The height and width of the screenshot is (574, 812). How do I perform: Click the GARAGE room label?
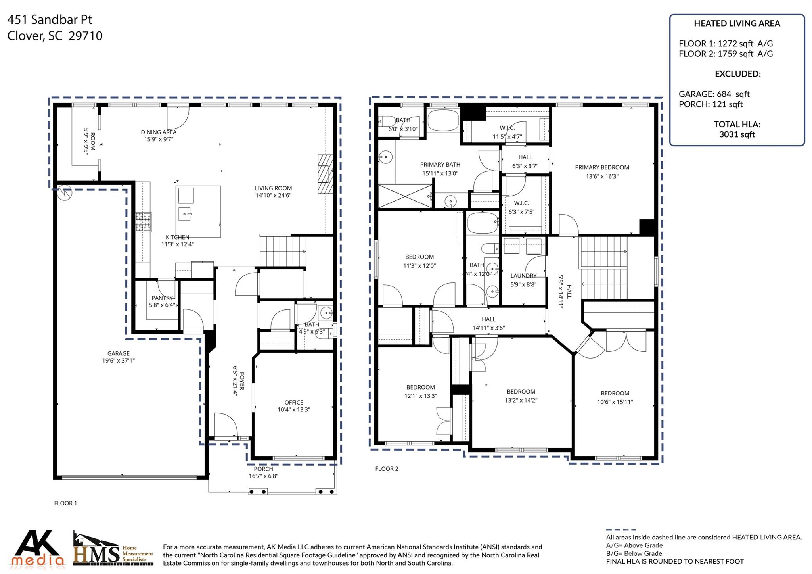[x=118, y=353]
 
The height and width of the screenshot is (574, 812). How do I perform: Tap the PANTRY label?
[x=162, y=298]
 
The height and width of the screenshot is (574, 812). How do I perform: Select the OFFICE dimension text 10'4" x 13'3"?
[x=293, y=409]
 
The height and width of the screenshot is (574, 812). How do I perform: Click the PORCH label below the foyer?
[x=263, y=469]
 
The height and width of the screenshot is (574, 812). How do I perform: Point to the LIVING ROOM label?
[x=273, y=188]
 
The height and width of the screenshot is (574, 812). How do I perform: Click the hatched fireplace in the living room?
[x=325, y=174]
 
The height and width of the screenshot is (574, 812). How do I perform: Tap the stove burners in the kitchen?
[x=144, y=222]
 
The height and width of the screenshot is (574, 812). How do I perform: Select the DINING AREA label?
[x=159, y=132]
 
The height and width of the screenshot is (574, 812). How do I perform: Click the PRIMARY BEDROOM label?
[x=602, y=167]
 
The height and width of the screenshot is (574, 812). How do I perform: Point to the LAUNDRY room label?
[x=523, y=276]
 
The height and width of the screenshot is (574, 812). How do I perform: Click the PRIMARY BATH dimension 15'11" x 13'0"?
[x=440, y=173]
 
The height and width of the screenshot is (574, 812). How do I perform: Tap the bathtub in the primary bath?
[x=443, y=121]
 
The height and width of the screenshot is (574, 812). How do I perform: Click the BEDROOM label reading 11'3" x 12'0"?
[x=419, y=257]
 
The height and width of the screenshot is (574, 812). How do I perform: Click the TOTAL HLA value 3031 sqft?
[x=737, y=134]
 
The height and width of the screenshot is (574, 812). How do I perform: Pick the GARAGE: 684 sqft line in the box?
[x=714, y=94]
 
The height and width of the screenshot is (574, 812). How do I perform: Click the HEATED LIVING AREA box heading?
[x=737, y=23]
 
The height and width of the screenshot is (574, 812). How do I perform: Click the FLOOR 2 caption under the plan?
[x=387, y=469]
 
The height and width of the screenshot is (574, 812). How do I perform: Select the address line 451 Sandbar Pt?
[x=50, y=19]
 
